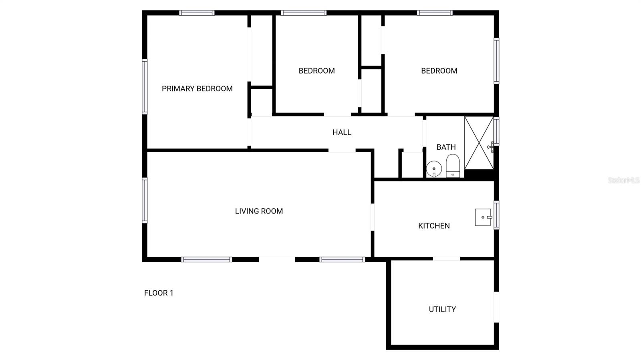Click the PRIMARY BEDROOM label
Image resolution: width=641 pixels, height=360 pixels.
(197, 88)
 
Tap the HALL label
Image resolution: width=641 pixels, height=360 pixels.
(342, 132)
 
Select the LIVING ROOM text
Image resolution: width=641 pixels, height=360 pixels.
(259, 211)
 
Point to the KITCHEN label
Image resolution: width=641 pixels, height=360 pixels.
(434, 226)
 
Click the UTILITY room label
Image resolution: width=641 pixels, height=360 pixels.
(442, 309)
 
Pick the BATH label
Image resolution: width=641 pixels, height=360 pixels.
(446, 147)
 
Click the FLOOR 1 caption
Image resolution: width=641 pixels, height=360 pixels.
(159, 293)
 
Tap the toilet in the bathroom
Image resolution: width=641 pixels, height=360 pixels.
(453, 166)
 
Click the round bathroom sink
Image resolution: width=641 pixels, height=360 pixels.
(433, 169)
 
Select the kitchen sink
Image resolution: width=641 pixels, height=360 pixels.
(483, 217)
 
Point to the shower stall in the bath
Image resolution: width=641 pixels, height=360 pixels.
(479, 143)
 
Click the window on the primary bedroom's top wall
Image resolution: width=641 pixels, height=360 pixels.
(197, 13)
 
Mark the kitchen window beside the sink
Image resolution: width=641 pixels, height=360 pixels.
(496, 215)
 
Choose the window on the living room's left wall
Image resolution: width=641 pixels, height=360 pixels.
(145, 200)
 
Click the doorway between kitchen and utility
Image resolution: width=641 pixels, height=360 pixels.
(446, 259)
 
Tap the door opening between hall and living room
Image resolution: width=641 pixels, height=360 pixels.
(342, 151)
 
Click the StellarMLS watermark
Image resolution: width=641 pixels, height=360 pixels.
(623, 181)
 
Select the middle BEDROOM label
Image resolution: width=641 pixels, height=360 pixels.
(316, 71)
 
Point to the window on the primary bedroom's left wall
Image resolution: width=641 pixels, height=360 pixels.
(145, 86)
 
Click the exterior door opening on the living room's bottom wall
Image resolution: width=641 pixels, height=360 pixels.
(277, 259)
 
